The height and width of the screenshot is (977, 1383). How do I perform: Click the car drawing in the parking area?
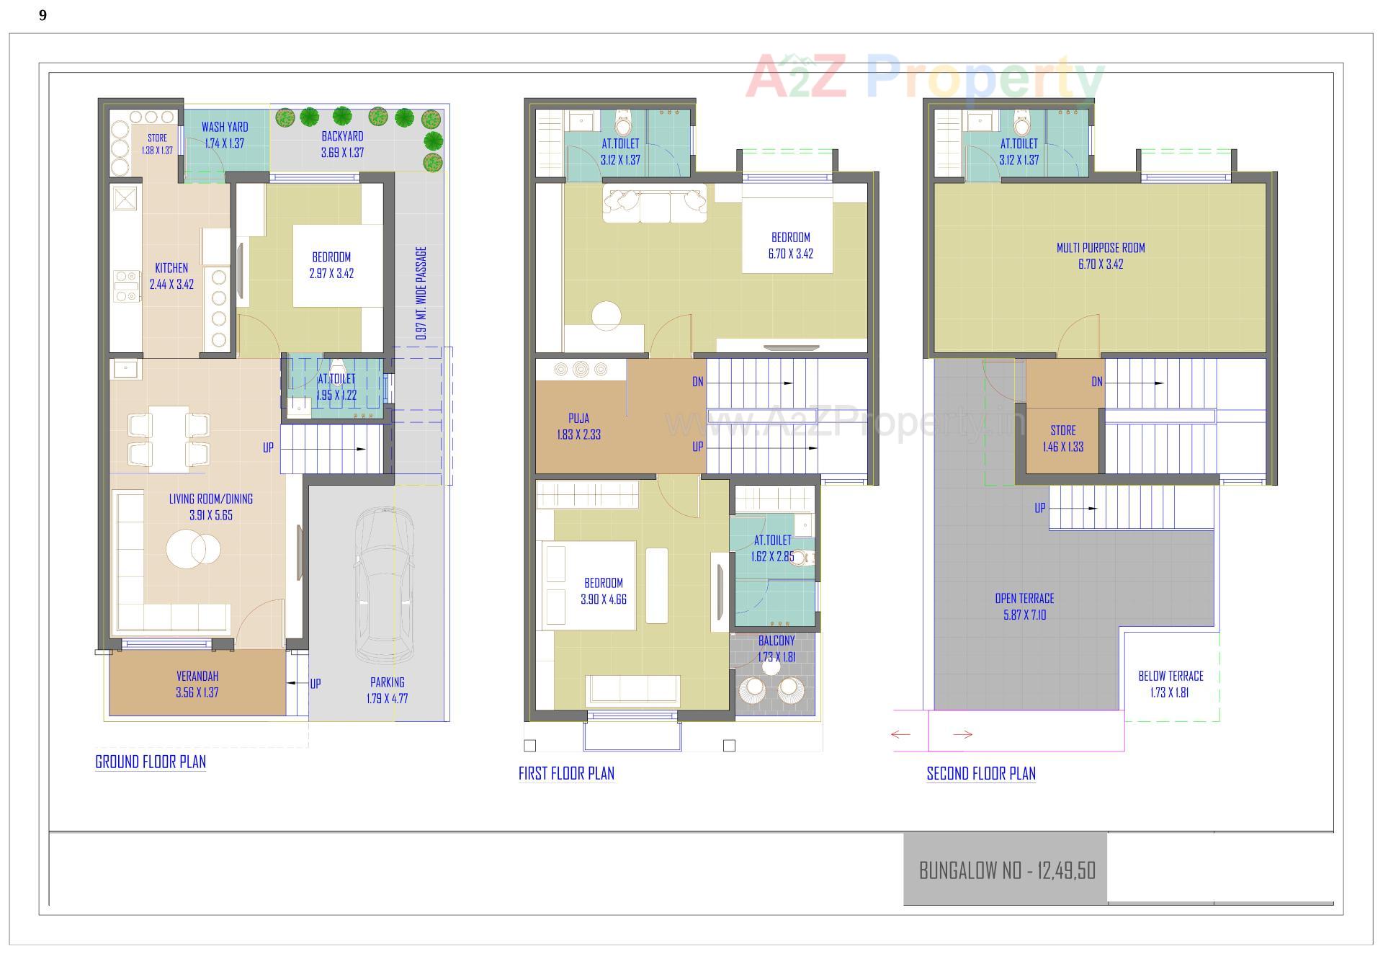tap(385, 584)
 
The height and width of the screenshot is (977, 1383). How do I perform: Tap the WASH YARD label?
tap(225, 128)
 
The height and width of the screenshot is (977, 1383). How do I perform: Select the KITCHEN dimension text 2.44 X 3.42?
tap(171, 285)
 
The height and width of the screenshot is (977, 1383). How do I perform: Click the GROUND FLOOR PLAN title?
tap(151, 762)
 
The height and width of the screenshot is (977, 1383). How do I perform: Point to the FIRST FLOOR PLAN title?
tap(566, 773)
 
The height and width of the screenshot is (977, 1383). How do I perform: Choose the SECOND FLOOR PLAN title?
tap(981, 773)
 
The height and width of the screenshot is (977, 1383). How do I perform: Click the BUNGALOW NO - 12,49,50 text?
tap(1007, 870)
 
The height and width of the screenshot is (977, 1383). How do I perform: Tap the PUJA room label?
tap(578, 418)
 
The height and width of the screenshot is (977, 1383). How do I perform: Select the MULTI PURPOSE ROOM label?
tap(1101, 248)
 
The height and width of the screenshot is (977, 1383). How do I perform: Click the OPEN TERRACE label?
tap(1024, 599)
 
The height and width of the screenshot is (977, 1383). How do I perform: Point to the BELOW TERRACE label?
tap(1171, 676)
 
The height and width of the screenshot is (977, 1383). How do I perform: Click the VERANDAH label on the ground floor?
tap(197, 676)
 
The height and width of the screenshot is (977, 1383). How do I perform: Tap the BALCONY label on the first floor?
tap(776, 641)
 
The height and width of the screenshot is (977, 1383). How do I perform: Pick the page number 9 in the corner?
tap(43, 15)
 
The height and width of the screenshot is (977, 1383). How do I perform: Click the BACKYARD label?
tap(342, 136)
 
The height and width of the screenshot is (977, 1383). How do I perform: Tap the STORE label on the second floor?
tap(1063, 430)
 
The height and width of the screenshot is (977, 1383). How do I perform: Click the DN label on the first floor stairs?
tap(698, 382)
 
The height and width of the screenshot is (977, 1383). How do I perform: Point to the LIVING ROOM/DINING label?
tap(211, 499)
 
